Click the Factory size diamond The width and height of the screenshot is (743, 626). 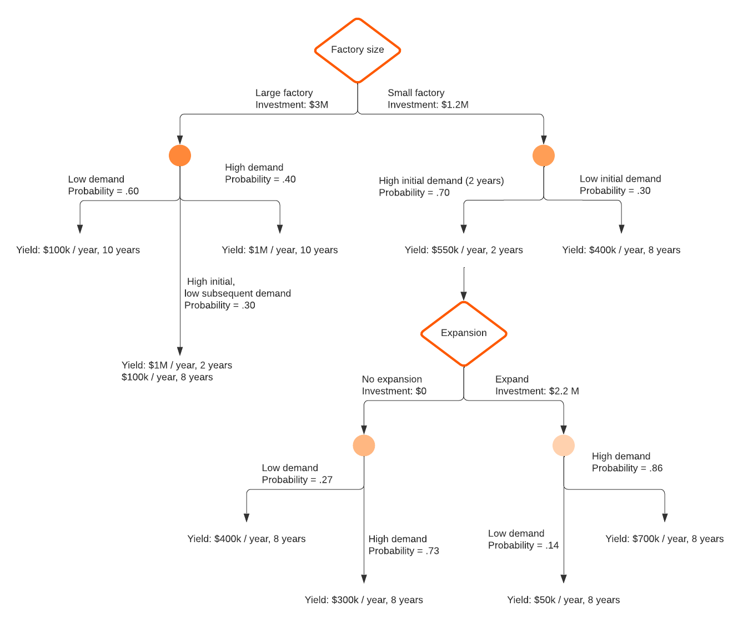coord(357,50)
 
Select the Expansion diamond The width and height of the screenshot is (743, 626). coord(464,333)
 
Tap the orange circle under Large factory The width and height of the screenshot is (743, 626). coord(180,156)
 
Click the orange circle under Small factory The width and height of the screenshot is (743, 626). coord(544,156)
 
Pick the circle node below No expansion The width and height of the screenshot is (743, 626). coord(364,445)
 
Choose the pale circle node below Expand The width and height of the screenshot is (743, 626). coord(564,445)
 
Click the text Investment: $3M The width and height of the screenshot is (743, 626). coord(292,105)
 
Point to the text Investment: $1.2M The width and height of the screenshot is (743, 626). coord(428,105)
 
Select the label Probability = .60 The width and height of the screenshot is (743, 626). coord(103,191)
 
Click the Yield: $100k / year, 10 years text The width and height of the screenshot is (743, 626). coord(78,250)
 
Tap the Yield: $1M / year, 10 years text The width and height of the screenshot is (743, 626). coord(280,250)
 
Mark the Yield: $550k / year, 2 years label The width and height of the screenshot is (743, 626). coord(464,250)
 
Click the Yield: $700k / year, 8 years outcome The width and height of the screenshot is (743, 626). coord(664,539)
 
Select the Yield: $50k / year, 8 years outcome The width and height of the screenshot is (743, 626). coord(563,600)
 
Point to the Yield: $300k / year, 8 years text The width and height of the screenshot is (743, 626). coord(364,600)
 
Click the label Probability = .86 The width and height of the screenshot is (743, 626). coord(627,468)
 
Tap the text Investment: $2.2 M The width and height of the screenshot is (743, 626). coord(537,391)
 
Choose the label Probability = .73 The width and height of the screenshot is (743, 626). coord(404,551)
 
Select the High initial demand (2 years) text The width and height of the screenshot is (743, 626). coord(441,181)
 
